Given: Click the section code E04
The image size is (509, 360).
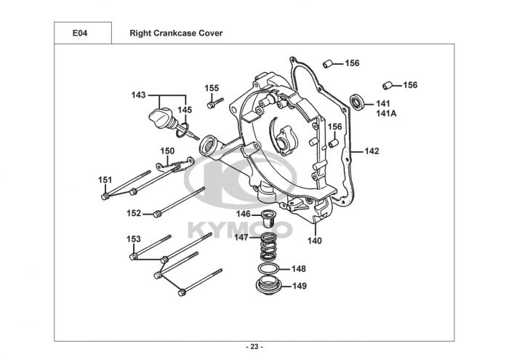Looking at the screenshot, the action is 80,33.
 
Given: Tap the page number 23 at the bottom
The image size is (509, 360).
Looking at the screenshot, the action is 254,347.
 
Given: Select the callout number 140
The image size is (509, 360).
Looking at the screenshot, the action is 315,241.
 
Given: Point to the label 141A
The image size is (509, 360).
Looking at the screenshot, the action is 386,113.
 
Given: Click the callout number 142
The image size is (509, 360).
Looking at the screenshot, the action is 372,151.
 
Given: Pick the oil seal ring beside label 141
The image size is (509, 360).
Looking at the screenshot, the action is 357,102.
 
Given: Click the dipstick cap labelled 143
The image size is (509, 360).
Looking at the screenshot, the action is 160,118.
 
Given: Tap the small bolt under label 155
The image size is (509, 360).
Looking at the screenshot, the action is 215,103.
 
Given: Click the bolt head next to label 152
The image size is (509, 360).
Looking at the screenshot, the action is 158,214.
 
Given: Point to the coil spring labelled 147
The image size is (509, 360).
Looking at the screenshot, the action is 269,247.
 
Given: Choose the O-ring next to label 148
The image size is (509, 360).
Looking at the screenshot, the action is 268,269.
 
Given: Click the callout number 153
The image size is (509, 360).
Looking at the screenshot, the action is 134,239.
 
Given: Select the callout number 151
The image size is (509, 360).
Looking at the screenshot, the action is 105,180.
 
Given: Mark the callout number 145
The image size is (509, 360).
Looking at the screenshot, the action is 185,110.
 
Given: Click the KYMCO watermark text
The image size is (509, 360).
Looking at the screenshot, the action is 240,229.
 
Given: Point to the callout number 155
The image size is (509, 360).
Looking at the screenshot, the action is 212,88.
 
